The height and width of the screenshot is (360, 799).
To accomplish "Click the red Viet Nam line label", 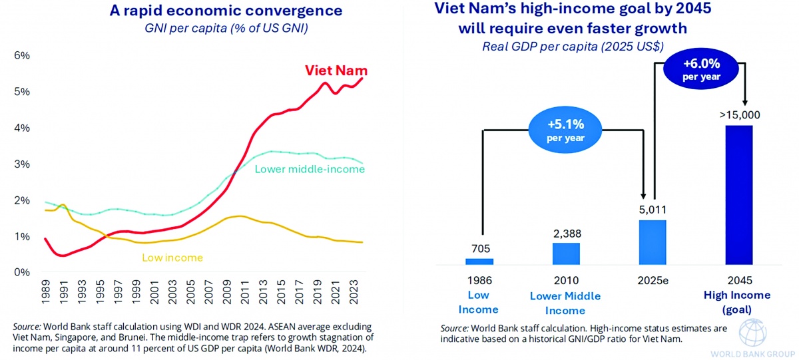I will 336,71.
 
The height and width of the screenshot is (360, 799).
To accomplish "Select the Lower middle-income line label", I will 310,170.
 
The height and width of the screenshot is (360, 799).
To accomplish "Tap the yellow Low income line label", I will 173,258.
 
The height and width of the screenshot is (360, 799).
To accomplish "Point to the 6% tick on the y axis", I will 22,56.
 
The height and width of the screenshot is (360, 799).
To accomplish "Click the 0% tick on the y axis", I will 22,272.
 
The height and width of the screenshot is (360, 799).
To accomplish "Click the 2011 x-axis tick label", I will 244,291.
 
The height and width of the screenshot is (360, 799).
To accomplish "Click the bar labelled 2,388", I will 566,254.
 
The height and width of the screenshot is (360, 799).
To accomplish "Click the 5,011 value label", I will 653,210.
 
